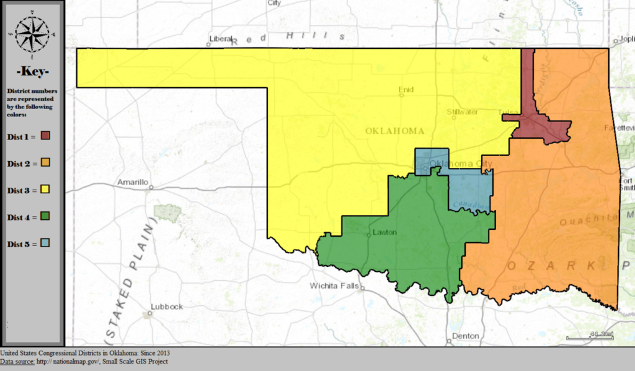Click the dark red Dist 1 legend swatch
pos(45,136)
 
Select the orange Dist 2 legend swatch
pos(45,163)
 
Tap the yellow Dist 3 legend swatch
pos(45,190)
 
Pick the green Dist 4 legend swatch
pos(45,216)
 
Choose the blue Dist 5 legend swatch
pos(45,243)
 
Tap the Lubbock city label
pos(167,307)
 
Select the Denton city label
pos(466,336)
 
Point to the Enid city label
pos(406,90)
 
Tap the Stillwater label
pos(462,112)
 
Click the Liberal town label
pos(221,38)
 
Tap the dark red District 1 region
pos(546,128)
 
